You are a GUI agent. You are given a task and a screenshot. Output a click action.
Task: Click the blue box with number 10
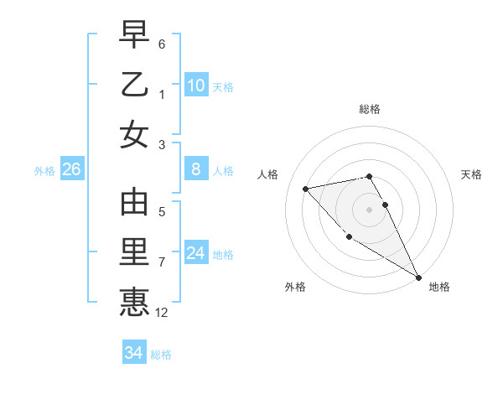pyautogui.click(x=195, y=85)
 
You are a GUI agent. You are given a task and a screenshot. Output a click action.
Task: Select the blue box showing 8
pyautogui.click(x=195, y=169)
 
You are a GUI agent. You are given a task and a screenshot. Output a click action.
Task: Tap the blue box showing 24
pyautogui.click(x=195, y=253)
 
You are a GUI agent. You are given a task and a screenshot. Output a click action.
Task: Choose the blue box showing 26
pyautogui.click(x=71, y=169)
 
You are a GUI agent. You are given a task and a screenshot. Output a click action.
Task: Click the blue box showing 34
pyautogui.click(x=133, y=353)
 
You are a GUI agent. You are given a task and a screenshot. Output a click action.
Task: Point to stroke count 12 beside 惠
pyautogui.click(x=163, y=313)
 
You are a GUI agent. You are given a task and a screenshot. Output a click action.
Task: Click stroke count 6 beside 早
pyautogui.click(x=162, y=44)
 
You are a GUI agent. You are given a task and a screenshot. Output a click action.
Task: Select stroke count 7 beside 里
pyautogui.click(x=162, y=262)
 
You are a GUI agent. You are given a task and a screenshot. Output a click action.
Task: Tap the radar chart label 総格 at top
pyautogui.click(x=370, y=109)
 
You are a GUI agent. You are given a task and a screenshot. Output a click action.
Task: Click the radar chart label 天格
pyautogui.click(x=472, y=174)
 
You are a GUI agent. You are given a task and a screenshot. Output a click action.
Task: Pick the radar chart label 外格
pyautogui.click(x=295, y=287)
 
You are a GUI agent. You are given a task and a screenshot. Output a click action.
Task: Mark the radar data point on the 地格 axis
pyautogui.click(x=418, y=277)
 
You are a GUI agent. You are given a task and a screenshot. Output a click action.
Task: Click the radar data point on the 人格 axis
pyautogui.click(x=306, y=189)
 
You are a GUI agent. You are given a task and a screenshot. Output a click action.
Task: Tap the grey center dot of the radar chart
pyautogui.click(x=370, y=209)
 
